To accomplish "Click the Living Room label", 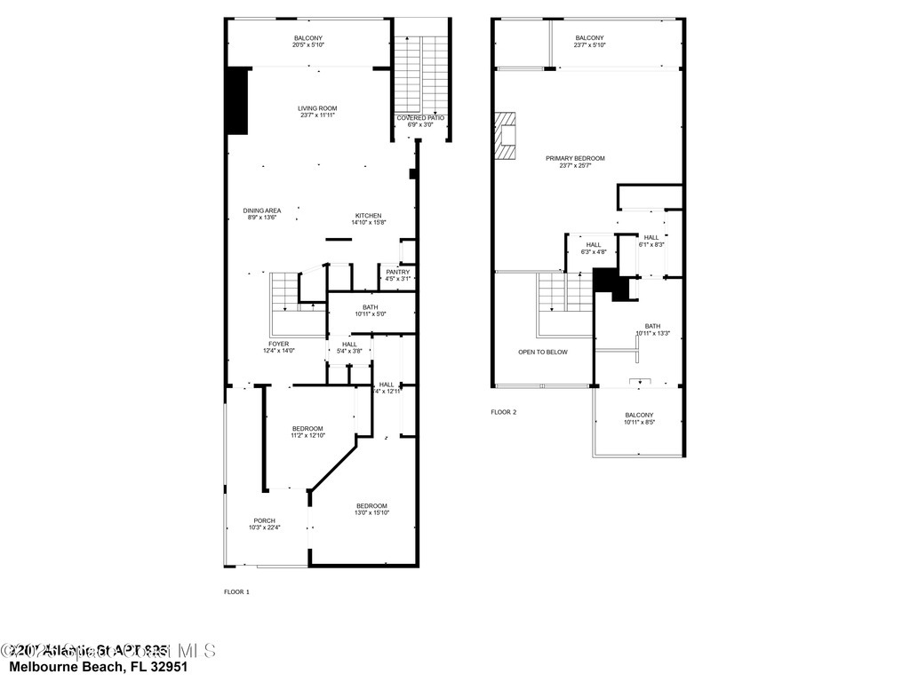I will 317,112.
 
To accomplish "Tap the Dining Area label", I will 262,214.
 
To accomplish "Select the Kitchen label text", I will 368,218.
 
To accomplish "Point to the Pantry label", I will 397,274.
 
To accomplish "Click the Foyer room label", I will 278,347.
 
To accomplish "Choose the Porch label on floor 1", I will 264,524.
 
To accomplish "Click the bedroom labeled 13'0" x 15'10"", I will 371,509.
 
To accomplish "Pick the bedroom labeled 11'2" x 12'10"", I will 307,432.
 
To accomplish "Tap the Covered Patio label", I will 420,121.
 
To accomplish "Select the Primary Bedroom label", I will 575,162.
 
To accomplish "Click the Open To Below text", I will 542,352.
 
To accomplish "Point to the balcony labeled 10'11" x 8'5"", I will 638,418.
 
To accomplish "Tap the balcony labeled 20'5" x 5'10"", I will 309,41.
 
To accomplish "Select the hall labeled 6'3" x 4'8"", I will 593,248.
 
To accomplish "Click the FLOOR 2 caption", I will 503,412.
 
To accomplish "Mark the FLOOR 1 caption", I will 236,591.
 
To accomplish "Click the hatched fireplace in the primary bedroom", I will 506,136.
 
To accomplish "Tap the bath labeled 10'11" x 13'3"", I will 652,329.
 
